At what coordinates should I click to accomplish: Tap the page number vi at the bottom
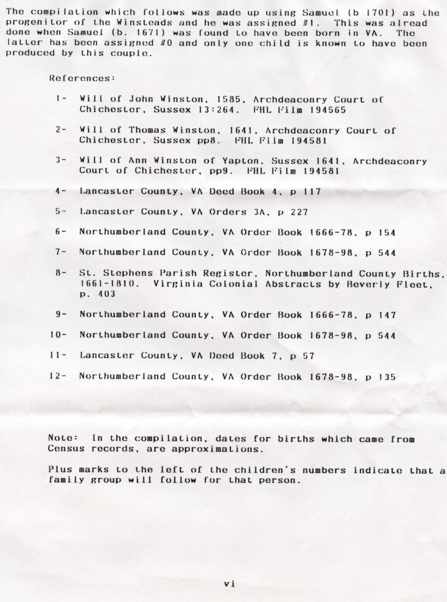tap(228, 583)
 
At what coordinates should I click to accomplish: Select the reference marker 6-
tap(60, 232)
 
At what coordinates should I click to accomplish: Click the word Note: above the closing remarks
tap(62, 438)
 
